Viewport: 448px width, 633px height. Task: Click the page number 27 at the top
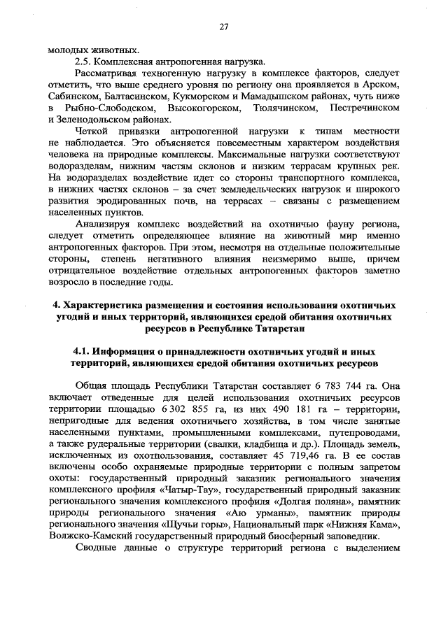tap(224, 27)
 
